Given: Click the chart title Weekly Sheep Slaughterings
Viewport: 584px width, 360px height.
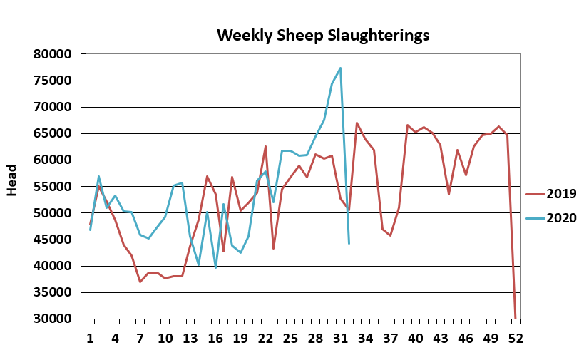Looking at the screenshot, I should point(323,35).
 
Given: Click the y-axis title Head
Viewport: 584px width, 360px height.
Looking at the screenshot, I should point(12,186).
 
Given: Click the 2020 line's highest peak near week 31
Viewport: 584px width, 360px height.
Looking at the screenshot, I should point(340,68).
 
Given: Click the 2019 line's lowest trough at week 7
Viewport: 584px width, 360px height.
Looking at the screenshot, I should point(140,282).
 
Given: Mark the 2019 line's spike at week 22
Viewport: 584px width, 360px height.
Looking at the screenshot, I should point(265,146).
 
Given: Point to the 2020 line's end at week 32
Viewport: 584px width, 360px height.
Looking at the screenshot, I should point(349,244).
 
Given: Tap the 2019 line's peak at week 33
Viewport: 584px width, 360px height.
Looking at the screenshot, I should point(357,123).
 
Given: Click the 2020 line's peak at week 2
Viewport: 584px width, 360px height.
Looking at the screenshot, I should point(98,176).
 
